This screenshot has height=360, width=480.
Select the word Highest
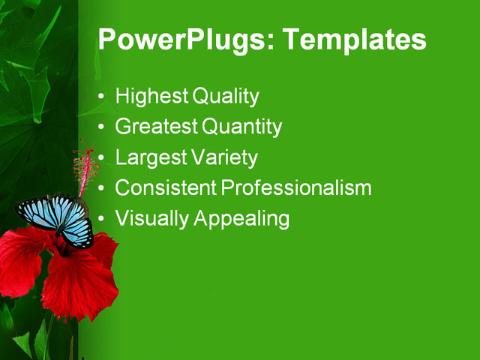pos(151,97)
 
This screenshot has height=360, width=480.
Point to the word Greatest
pos(156,127)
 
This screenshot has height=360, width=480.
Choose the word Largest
pos(149,158)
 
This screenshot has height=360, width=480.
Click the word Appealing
pos(241,219)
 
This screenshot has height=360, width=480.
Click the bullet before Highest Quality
pos(103,97)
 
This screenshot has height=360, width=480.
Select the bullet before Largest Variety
pos(103,159)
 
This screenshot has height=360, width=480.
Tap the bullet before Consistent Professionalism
pos(103,189)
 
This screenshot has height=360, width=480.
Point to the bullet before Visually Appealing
pos(103,220)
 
